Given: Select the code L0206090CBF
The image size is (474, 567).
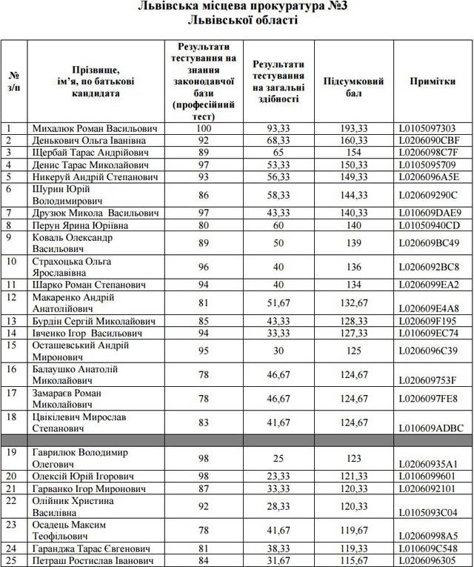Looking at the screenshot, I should tap(430, 140).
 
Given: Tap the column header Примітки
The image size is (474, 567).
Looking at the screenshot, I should tap(432, 82).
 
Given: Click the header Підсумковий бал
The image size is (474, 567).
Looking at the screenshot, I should tap(353, 87).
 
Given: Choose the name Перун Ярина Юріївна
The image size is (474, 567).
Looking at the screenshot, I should tap(80, 225).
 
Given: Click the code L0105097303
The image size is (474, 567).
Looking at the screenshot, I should tap(430, 128).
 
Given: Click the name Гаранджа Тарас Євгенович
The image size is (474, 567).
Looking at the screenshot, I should tap(91, 549).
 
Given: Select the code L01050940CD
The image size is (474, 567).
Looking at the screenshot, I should tap(430, 225).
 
